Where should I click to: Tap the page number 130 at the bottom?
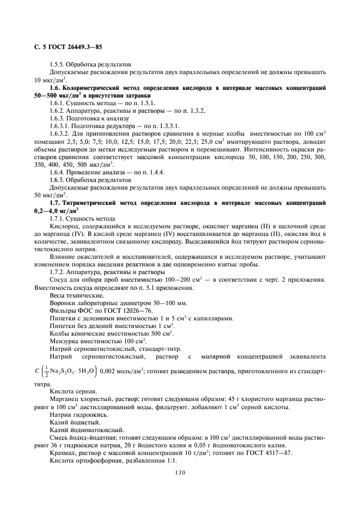point(180,472)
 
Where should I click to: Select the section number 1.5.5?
point(58,64)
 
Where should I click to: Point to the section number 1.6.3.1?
point(60,125)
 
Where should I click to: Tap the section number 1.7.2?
point(58,271)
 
